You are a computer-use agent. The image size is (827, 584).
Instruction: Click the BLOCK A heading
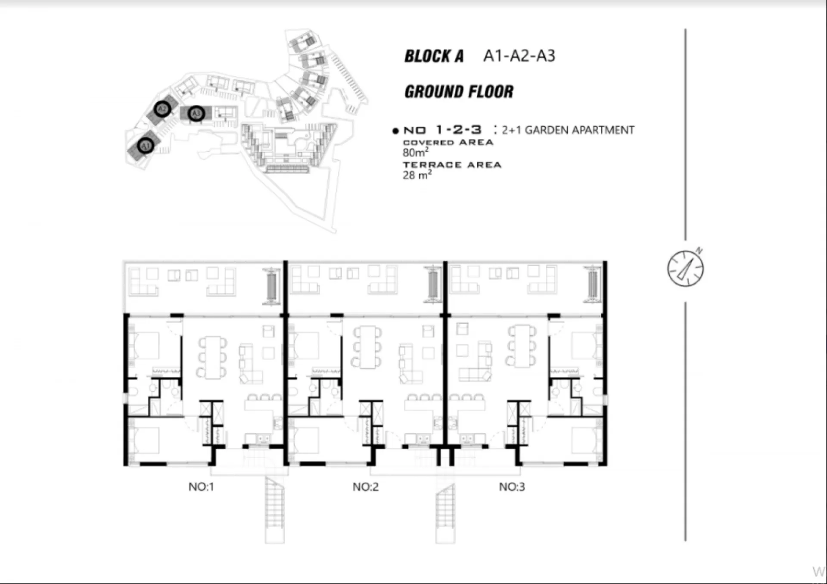coord(434,56)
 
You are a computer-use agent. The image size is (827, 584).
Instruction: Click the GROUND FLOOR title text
coord(459,92)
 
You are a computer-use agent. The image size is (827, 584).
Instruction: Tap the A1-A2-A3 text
coord(519,56)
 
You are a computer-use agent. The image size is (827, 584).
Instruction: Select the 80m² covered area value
coord(416,152)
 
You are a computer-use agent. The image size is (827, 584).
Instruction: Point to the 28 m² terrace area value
coord(417,175)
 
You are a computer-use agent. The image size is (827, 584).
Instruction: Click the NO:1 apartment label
coord(201,487)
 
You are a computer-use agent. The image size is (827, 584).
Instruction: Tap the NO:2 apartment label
coord(365,487)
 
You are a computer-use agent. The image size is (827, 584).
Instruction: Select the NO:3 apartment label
coord(512,487)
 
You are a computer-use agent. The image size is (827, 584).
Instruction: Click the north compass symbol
coord(685,268)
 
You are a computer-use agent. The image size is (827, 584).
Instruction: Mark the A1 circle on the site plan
coord(146,146)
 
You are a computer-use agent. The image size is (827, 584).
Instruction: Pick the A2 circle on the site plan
coord(162,109)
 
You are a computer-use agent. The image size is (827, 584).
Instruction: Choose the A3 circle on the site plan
coord(196,113)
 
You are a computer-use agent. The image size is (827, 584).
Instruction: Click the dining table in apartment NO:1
coord(212,357)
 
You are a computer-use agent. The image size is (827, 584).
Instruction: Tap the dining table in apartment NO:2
coord(367,347)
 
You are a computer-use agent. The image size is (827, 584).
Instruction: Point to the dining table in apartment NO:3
coord(522,346)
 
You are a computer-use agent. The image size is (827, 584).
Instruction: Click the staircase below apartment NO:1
coord(275,509)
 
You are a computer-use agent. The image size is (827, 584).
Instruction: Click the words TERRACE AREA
coord(452,165)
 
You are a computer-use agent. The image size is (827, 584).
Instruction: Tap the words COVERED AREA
coord(448,142)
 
